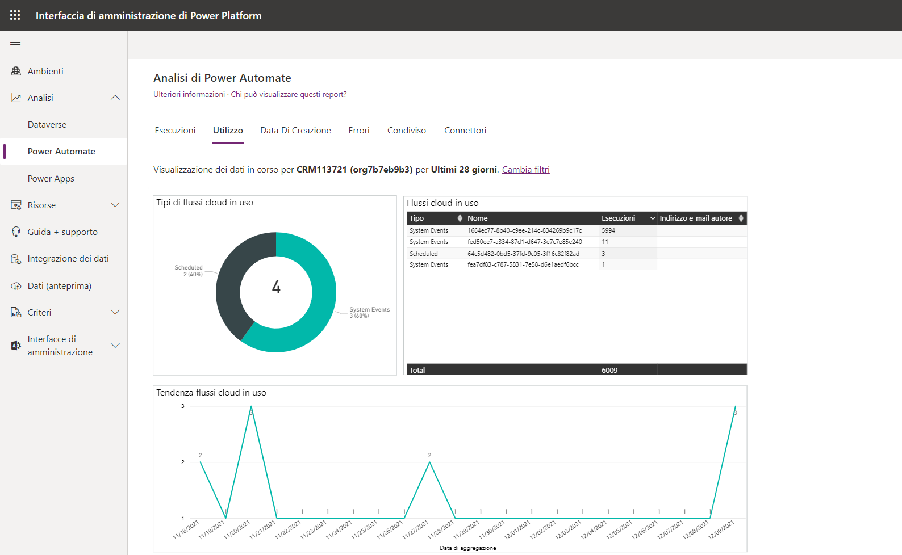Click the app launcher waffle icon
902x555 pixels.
coord(15,15)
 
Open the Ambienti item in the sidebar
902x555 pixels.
coord(45,71)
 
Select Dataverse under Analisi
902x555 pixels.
coord(47,125)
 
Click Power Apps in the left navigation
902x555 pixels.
coord(51,179)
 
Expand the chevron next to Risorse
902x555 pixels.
coord(115,205)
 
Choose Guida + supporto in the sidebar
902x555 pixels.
coord(62,232)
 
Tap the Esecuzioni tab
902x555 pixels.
coord(175,131)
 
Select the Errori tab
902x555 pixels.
coord(359,131)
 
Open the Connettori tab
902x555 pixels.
coord(465,131)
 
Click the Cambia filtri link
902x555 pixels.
coord(525,170)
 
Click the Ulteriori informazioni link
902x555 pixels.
coord(189,95)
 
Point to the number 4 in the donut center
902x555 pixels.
coord(276,287)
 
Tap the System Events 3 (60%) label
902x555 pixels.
coord(369,313)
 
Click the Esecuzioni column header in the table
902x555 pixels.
coord(619,218)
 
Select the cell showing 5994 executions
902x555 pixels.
coord(608,231)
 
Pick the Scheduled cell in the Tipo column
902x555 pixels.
coord(424,254)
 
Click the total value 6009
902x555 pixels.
coord(609,370)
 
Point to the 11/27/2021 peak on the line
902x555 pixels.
coord(430,463)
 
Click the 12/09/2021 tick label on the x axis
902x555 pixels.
coord(721,529)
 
